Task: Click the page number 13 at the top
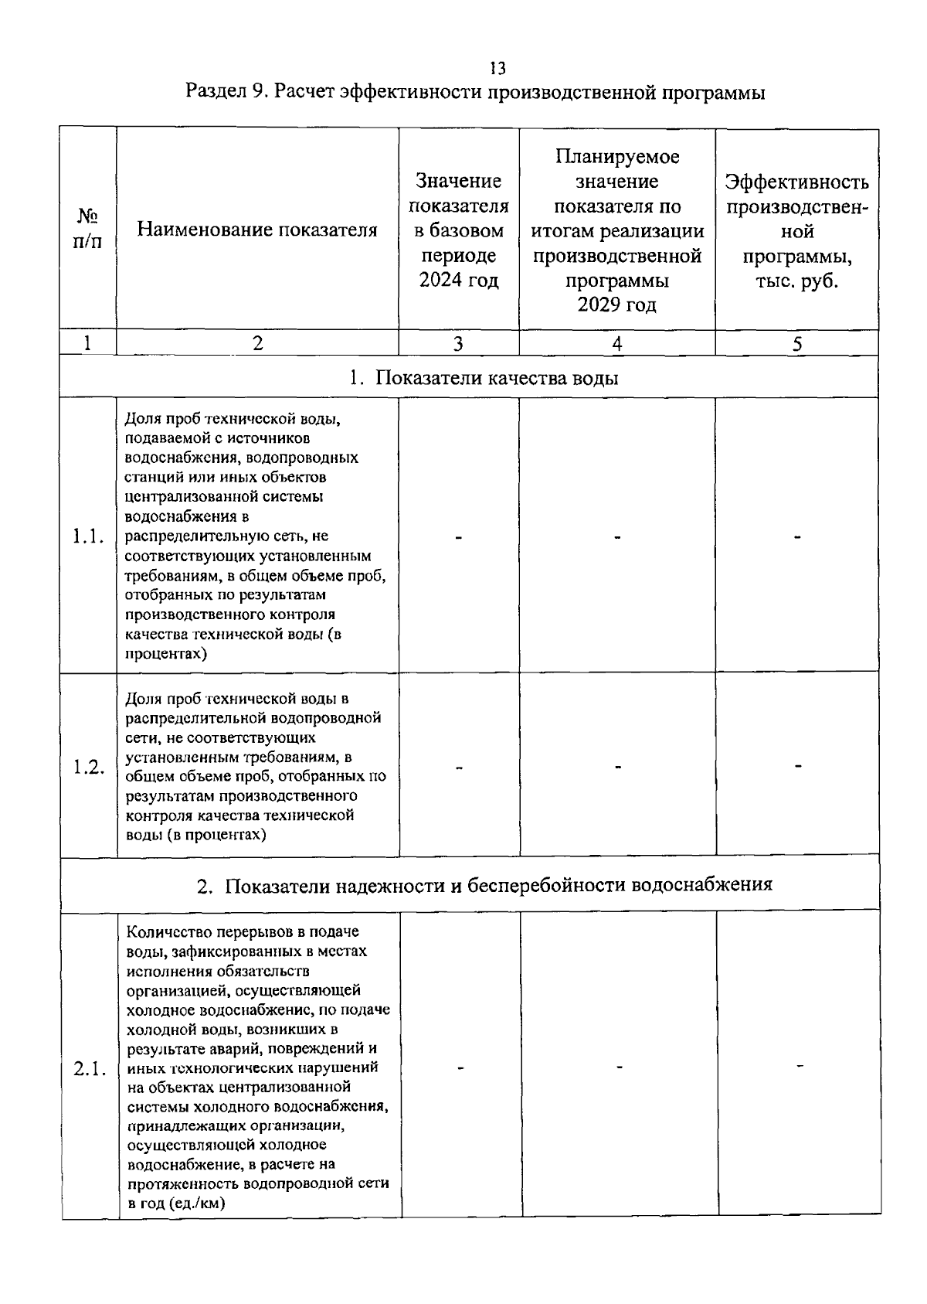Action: (498, 68)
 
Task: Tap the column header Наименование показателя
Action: (257, 230)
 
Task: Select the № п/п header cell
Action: (87, 229)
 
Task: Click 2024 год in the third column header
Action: (459, 280)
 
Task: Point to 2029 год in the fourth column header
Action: (616, 305)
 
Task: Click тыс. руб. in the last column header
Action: (796, 281)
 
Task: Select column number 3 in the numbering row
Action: (458, 344)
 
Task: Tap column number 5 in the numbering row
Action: (796, 344)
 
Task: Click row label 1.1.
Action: (88, 536)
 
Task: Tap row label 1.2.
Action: (88, 768)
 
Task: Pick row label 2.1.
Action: (89, 1069)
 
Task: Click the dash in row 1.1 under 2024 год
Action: (459, 537)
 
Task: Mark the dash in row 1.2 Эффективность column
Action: (798, 766)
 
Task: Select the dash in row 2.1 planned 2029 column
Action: (619, 1067)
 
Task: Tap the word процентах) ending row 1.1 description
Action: (165, 654)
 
